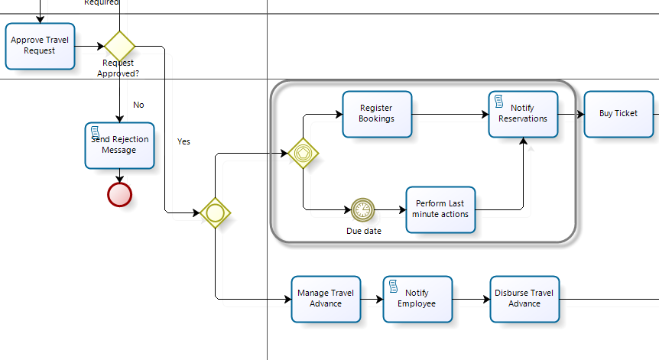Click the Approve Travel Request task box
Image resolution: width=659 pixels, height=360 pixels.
tap(40, 46)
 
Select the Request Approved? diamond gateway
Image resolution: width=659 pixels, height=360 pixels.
tap(119, 46)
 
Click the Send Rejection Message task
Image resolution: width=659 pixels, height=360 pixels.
tap(119, 145)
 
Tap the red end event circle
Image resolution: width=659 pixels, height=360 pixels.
tap(119, 194)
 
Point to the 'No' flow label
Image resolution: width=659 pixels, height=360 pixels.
tap(138, 105)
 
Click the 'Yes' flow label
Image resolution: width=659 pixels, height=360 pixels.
tap(184, 141)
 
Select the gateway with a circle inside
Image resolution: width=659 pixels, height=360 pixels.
tap(216, 212)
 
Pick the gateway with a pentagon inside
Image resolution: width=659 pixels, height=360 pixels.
tap(303, 153)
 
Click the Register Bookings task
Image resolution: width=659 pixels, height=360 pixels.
tap(376, 114)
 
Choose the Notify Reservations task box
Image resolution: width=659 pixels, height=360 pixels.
tap(523, 114)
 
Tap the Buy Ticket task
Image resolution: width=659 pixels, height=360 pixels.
tap(618, 114)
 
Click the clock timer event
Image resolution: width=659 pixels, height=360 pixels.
tap(363, 209)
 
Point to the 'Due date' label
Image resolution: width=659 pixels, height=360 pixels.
tap(363, 230)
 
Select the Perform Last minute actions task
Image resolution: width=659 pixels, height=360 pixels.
tap(440, 209)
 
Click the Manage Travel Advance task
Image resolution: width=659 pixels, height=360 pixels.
tap(325, 298)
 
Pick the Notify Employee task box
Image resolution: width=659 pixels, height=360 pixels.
tap(417, 298)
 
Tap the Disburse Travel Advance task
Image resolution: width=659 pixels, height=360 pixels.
tap(524, 298)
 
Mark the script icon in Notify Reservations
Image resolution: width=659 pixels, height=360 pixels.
tap(498, 102)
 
